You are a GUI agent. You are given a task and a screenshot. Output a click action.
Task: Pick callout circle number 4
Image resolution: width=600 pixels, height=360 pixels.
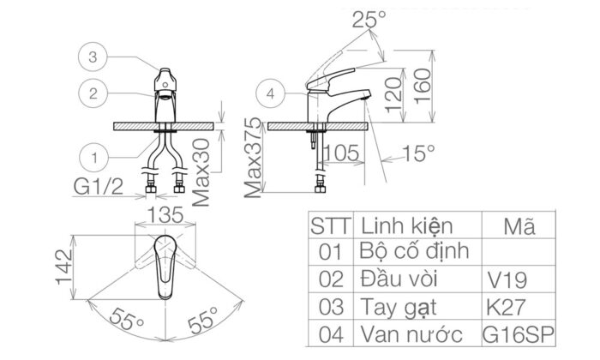point(271,94)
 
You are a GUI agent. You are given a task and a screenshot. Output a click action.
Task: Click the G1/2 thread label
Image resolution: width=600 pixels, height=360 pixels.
point(104,185)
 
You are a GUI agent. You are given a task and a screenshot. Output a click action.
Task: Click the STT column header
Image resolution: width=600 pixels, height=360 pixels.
point(328,228)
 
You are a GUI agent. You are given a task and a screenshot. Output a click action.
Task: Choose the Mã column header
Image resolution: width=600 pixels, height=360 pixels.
point(519,228)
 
